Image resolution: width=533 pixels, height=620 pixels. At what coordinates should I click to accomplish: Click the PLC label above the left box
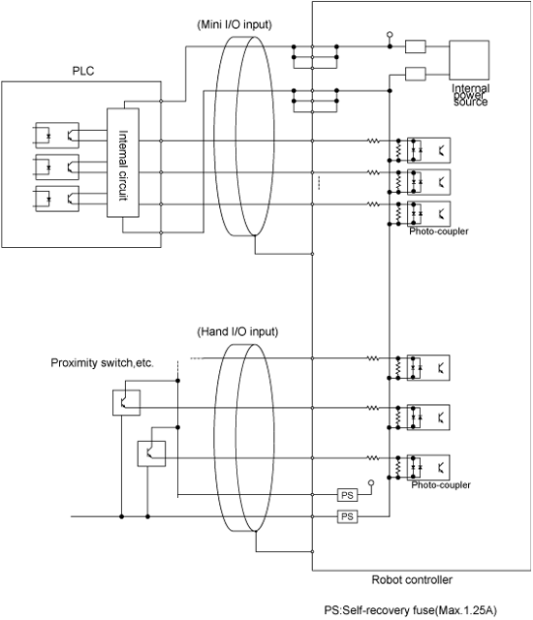tap(83, 71)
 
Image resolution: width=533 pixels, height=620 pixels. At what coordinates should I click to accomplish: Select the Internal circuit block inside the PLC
tap(123, 163)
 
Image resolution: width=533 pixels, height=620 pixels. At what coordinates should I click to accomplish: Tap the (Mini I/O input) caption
tap(235, 24)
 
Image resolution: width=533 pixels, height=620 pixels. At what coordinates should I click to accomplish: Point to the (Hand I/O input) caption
tap(237, 331)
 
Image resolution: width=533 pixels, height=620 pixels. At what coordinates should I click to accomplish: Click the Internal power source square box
tap(469, 60)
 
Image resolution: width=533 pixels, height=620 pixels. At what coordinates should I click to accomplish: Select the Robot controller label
tap(412, 580)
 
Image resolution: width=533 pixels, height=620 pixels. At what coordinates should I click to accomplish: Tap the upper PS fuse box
tap(348, 495)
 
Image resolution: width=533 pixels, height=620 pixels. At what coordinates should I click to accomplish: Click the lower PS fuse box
tap(348, 516)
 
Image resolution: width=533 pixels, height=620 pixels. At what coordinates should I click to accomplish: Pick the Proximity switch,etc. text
tap(102, 363)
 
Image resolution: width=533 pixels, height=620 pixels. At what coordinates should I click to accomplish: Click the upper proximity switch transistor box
tap(127, 403)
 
